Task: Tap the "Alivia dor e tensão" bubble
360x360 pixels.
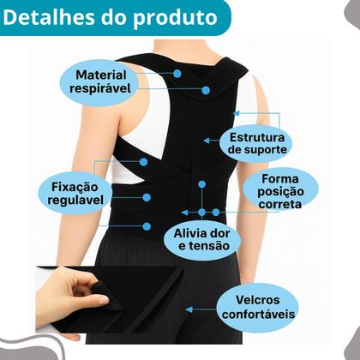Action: (202, 239)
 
